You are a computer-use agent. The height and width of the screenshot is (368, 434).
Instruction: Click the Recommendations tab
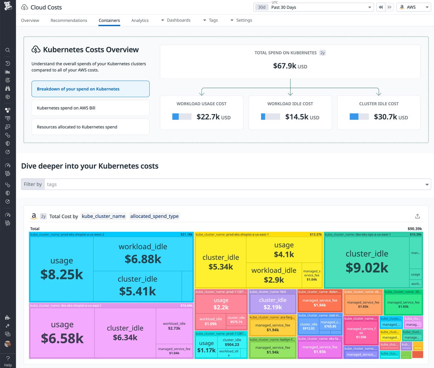click(69, 20)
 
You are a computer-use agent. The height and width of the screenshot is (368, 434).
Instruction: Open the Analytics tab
click(140, 20)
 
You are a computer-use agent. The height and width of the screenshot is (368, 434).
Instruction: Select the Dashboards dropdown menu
click(176, 20)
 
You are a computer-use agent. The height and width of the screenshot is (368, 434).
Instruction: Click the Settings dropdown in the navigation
click(241, 20)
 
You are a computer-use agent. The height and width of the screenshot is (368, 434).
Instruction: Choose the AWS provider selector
click(414, 7)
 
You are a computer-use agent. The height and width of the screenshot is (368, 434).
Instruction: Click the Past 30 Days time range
click(313, 7)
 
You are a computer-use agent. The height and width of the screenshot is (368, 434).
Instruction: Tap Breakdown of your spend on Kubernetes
click(91, 89)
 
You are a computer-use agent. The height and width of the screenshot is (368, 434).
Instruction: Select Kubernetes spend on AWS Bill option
click(91, 108)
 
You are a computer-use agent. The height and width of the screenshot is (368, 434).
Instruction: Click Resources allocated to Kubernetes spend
click(91, 127)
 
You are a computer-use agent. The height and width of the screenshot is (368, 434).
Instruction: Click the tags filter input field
click(236, 184)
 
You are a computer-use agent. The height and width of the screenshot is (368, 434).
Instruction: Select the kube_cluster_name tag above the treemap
click(104, 216)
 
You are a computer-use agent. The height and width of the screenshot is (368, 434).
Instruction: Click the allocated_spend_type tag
click(154, 216)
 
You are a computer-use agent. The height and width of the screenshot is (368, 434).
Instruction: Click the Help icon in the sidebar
click(8, 361)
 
